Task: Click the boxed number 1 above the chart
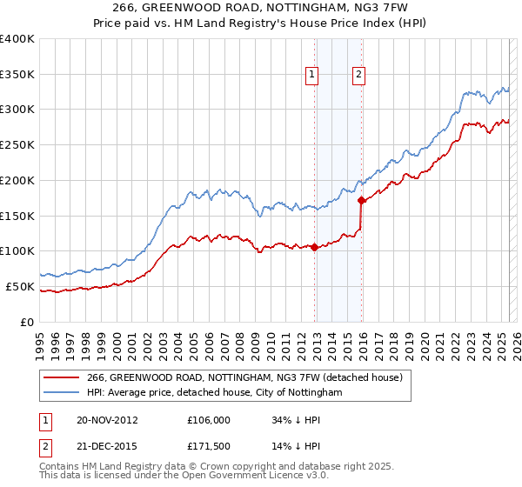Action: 311,76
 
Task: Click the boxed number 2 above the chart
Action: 358,76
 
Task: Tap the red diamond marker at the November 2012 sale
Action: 314,247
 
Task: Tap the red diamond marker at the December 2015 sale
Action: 361,200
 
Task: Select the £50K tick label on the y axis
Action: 21,286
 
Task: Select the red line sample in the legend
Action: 61,378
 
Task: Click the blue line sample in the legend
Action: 61,393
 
